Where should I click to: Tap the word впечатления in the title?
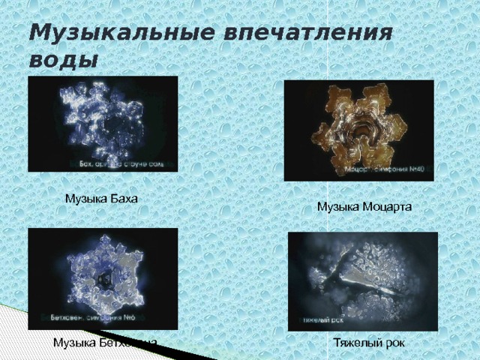tap(308, 33)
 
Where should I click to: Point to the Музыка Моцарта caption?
tap(364, 206)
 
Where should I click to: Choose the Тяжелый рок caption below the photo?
tap(369, 343)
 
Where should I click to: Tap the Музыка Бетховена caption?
tap(105, 343)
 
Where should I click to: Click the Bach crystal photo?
tap(103, 124)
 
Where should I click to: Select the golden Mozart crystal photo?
tap(358, 130)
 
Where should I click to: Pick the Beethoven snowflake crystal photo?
tap(103, 278)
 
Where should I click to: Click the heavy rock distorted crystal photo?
tap(362, 281)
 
